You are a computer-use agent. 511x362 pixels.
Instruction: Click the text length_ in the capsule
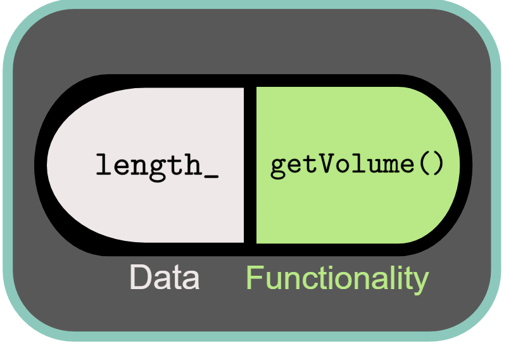(x=157, y=165)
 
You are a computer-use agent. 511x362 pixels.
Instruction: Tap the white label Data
(x=164, y=278)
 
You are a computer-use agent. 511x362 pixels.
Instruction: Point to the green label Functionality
(x=337, y=278)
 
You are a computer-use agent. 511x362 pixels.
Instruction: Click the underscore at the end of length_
(x=211, y=175)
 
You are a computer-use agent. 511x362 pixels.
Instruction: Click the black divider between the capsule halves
(x=250, y=165)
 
